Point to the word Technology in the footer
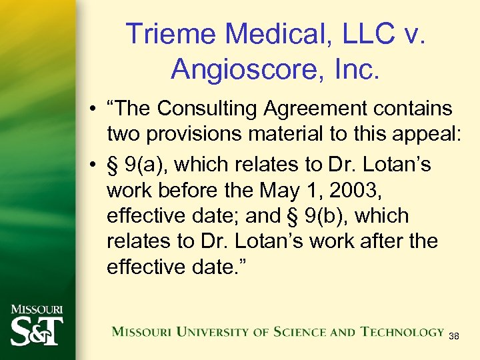pos(403,332)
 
